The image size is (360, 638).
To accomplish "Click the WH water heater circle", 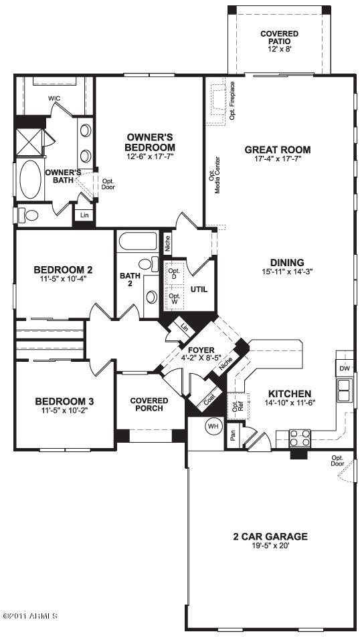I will coord(213,426).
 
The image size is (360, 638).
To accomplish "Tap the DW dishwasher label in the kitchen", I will coord(343,368).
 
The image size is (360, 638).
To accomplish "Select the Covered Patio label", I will coord(279,38).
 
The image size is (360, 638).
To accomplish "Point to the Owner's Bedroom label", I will coord(151,142).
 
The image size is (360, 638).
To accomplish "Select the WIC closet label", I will coord(54,98).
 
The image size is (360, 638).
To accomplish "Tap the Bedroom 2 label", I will coord(63,270).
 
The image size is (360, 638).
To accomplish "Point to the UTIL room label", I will coord(199,290).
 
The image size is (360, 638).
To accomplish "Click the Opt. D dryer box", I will coord(174,274).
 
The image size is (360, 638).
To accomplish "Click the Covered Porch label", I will coord(149,405).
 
